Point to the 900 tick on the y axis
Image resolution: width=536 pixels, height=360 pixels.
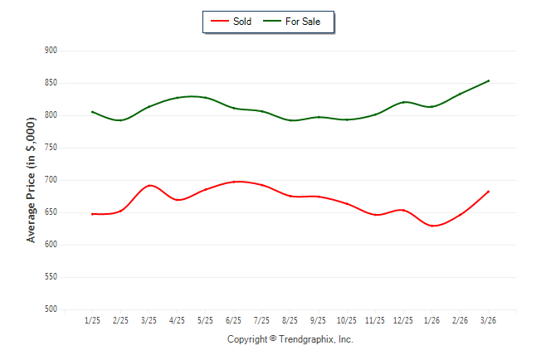(51, 51)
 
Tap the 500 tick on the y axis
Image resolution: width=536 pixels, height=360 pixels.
(51, 309)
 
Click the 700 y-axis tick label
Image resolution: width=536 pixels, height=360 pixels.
(51, 180)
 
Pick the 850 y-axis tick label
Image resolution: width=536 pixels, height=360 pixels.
(51, 83)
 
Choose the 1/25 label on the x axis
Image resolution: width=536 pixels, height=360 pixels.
(92, 320)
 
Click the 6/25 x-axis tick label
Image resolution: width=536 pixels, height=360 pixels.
(233, 320)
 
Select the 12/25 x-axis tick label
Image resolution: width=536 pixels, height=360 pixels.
(402, 320)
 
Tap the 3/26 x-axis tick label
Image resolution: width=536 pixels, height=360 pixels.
(488, 320)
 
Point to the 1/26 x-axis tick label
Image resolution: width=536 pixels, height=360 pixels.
(431, 320)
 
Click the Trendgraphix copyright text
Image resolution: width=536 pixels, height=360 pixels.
(290, 339)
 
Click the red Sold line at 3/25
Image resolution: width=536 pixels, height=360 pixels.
(149, 186)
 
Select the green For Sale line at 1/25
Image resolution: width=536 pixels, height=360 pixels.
(92, 112)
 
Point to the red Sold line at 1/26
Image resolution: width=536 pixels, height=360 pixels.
(431, 226)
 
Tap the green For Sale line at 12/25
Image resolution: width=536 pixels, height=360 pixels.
(403, 102)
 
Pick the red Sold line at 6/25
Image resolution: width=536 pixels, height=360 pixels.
(234, 182)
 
